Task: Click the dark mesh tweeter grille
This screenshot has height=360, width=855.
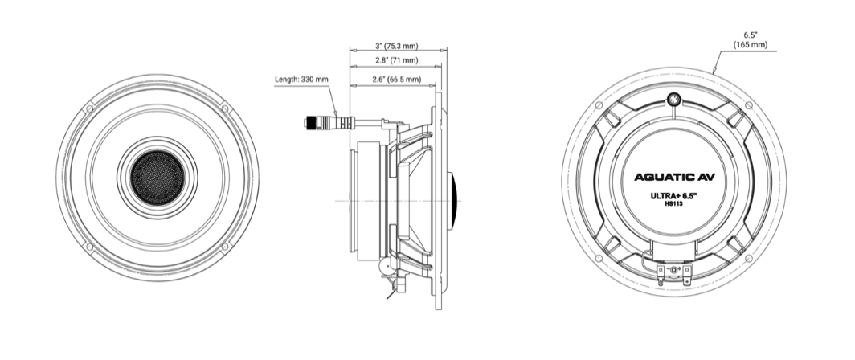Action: click(x=157, y=178)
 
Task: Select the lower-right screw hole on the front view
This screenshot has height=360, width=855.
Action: click(x=225, y=247)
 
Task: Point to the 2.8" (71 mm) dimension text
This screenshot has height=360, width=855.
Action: click(x=396, y=60)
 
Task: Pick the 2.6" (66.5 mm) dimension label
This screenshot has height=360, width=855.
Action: click(x=396, y=79)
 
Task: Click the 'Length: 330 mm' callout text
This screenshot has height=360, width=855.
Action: click(x=301, y=80)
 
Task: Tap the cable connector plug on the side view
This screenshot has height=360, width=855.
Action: click(x=329, y=122)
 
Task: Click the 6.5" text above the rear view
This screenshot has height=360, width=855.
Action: click(x=751, y=35)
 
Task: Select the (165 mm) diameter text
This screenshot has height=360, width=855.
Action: click(x=751, y=45)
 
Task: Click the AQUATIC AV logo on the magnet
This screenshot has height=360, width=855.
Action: click(x=674, y=178)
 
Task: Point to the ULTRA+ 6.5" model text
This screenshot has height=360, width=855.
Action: click(x=674, y=196)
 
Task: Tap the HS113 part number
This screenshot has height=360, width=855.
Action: click(x=674, y=204)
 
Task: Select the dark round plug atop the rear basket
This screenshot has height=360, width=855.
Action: click(x=674, y=100)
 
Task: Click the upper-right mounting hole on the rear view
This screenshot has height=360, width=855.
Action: click(x=749, y=105)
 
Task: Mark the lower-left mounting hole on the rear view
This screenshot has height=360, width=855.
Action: click(x=599, y=258)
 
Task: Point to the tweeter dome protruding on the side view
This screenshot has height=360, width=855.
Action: click(x=452, y=201)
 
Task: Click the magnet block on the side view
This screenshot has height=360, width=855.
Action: click(x=369, y=201)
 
